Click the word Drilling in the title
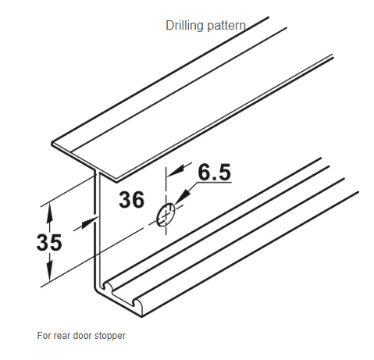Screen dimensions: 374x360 point(184,26)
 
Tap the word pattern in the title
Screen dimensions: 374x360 point(226,26)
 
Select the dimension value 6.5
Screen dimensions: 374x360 point(215,172)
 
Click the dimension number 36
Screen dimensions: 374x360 point(131,200)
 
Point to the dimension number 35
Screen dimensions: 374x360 point(49,242)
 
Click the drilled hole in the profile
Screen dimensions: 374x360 point(166,214)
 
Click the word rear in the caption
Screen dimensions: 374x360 point(62,336)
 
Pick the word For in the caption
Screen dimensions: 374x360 point(45,335)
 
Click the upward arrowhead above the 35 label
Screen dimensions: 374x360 point(49,214)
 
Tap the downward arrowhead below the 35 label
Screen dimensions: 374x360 point(49,271)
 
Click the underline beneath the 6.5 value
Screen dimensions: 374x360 point(214,183)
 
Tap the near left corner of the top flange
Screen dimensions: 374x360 point(52,144)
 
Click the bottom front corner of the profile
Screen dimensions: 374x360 point(142,316)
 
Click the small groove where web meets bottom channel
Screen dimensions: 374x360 point(106,286)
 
